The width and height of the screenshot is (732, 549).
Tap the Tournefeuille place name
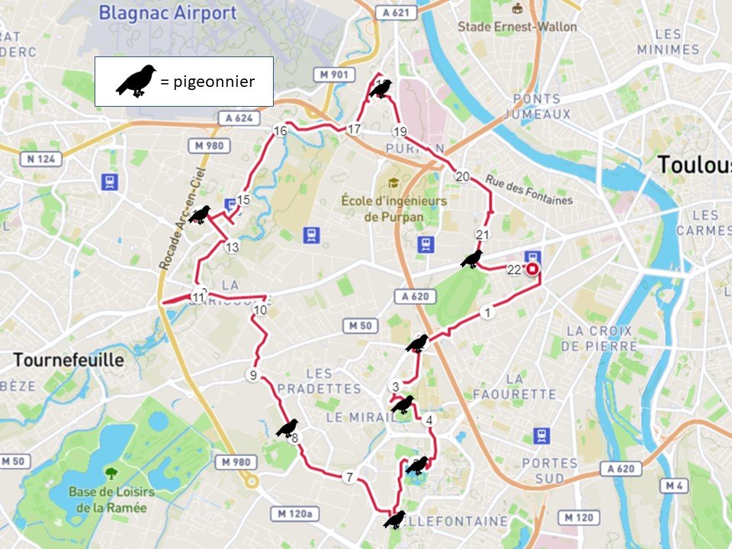pos(67,360)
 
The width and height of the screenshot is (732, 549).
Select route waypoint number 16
pos(280,131)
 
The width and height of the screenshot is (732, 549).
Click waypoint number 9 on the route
pos(252,375)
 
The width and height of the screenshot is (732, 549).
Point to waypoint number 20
pos(462,176)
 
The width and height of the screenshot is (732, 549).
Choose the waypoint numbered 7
pos(349,477)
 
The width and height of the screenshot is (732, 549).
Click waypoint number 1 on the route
pos(487,313)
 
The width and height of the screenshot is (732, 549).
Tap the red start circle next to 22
pos(532,268)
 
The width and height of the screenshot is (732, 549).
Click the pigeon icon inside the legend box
pos(136,81)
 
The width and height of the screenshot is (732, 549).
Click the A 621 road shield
pos(396,12)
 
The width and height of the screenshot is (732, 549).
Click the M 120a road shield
pos(291,514)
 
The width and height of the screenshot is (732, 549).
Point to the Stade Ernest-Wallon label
pos(517,27)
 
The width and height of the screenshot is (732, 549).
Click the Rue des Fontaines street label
pos(528,191)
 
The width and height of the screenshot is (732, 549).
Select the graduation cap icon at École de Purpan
pos(393,183)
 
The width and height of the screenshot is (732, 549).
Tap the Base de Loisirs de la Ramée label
pos(111,498)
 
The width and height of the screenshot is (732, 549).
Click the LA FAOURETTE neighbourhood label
pos(515,387)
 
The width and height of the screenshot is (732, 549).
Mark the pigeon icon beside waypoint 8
pos(287,428)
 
